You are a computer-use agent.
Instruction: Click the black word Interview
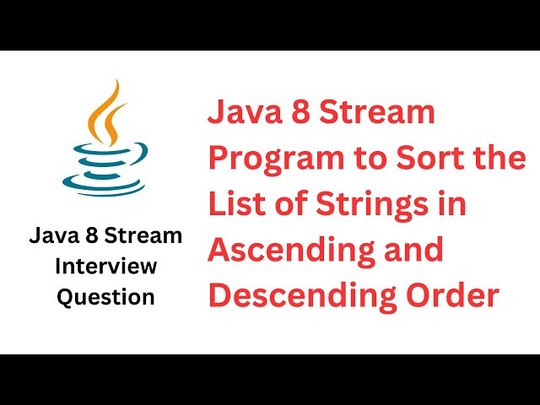tap(105, 267)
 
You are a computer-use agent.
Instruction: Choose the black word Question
tap(105, 297)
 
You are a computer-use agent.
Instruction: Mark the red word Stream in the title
tap(384, 112)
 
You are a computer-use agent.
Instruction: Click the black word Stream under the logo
tap(148, 236)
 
